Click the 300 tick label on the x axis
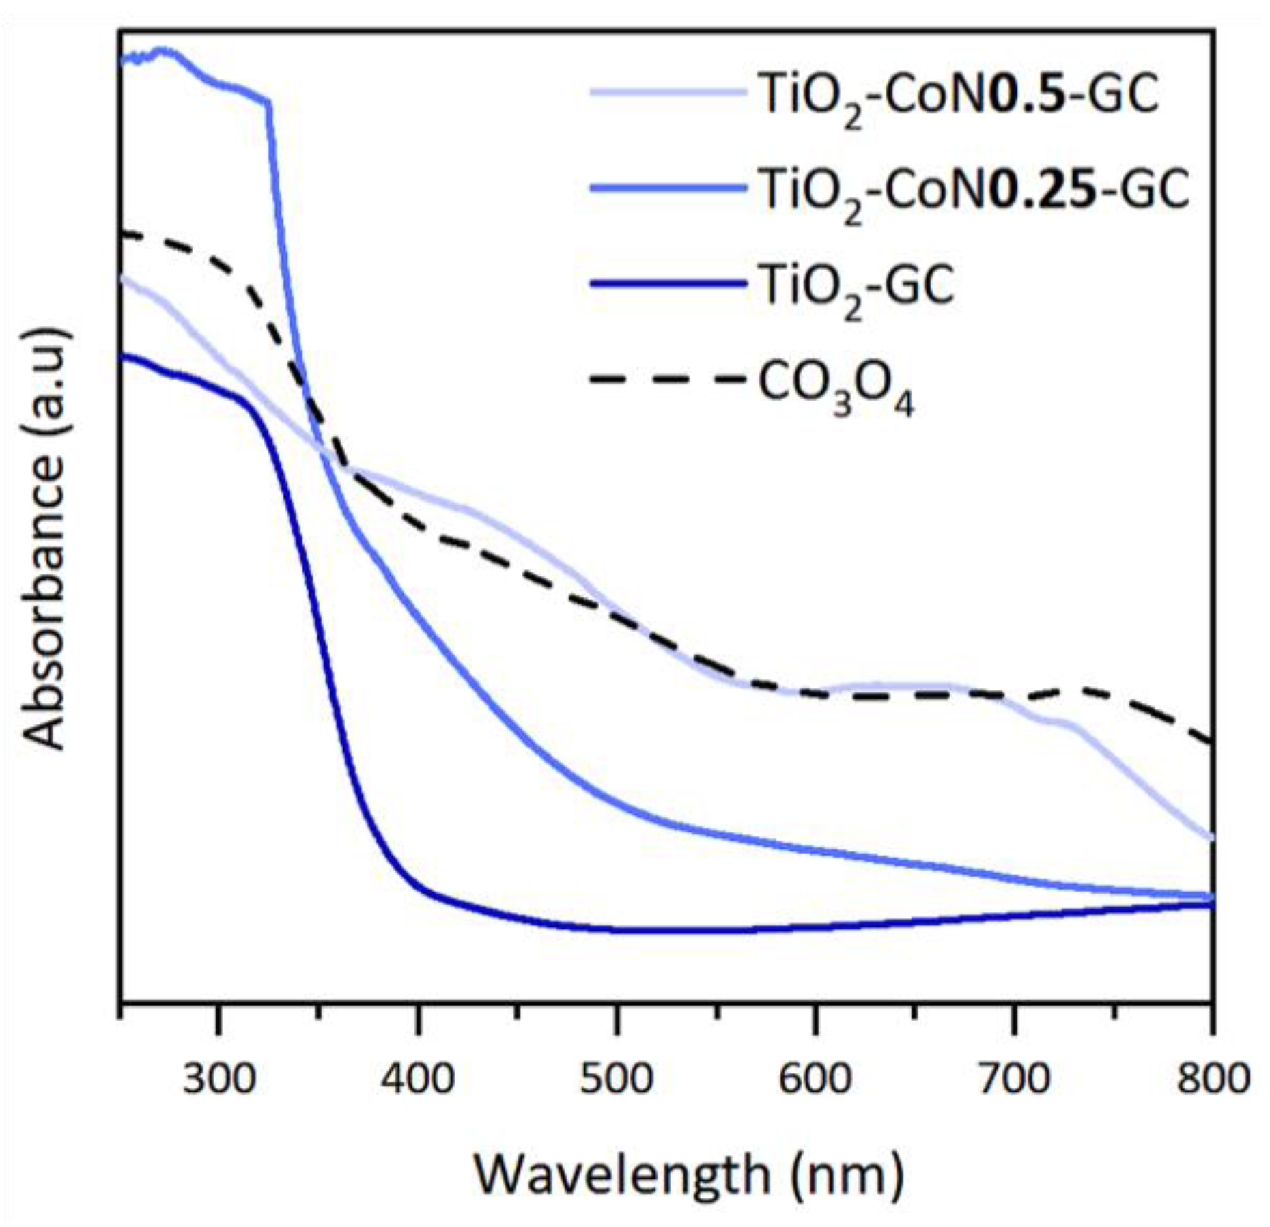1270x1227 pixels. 218,1080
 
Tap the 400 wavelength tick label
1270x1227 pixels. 417,1080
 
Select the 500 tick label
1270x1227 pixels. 616,1080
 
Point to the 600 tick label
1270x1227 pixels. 815,1080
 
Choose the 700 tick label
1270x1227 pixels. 1014,1080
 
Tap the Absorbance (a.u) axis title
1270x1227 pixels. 45,539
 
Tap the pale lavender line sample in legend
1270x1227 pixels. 667,91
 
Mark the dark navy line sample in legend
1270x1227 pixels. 667,282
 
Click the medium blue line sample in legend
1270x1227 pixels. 667,186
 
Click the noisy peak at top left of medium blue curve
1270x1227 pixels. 163,51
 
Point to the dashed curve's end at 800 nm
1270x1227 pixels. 1211,743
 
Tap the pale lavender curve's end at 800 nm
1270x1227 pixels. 1211,837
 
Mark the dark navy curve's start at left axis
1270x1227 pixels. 124,354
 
